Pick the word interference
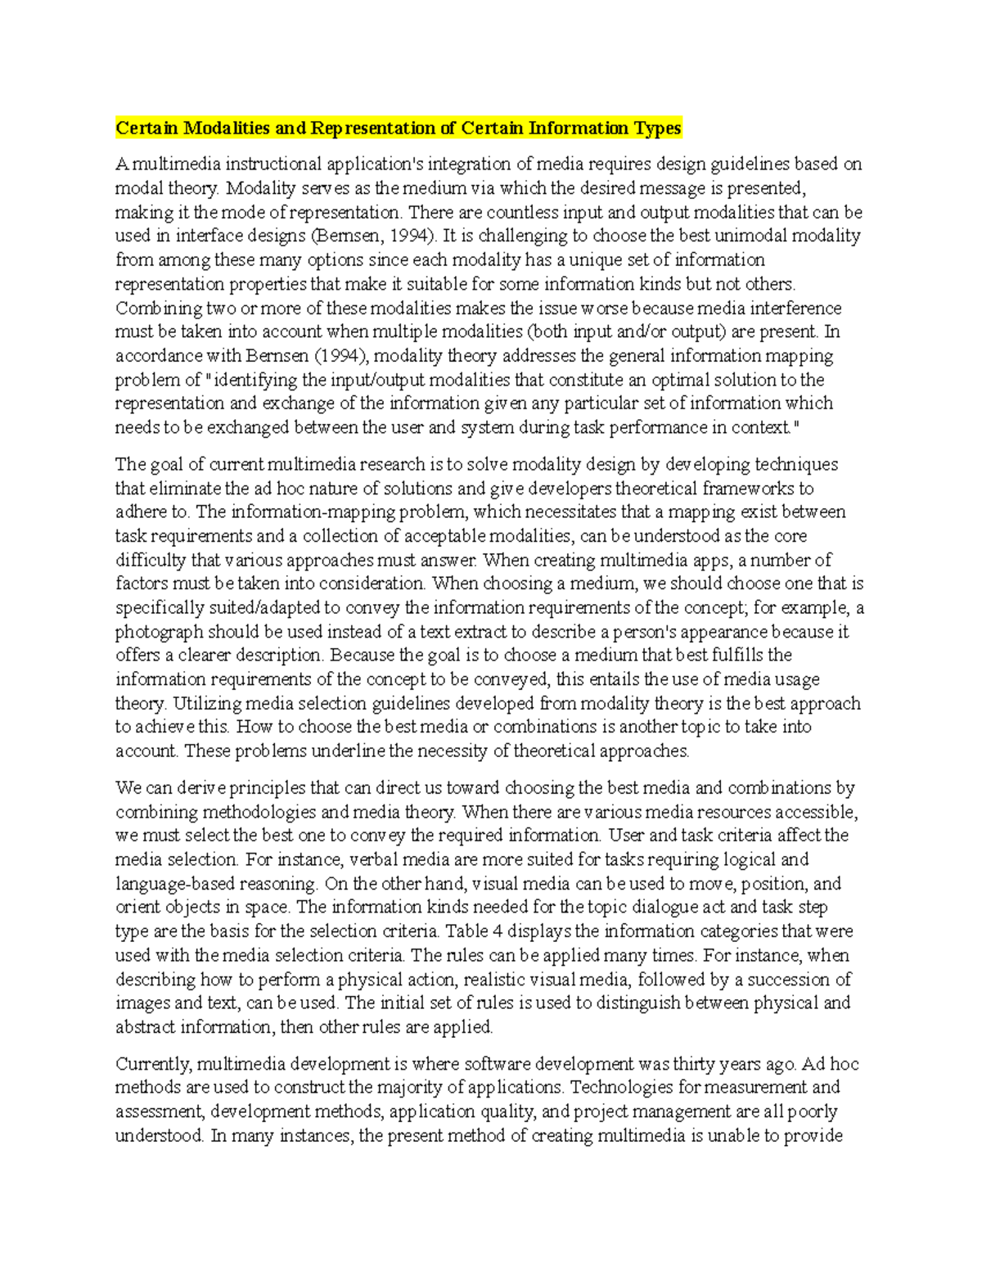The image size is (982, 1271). point(795,309)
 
